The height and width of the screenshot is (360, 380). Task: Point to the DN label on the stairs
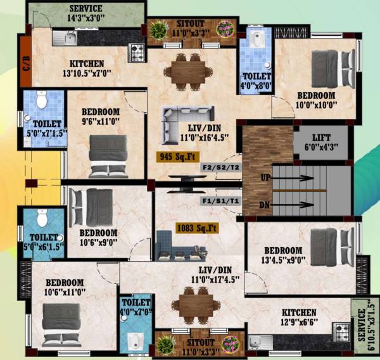click(265, 205)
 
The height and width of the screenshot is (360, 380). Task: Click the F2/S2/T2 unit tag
click(220, 167)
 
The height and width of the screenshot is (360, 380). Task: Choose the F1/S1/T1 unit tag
click(220, 200)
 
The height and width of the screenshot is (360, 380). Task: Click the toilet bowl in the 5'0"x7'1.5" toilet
click(42, 101)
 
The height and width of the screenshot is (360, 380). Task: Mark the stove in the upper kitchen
click(136, 49)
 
